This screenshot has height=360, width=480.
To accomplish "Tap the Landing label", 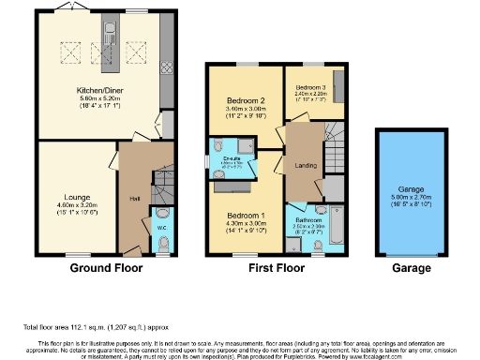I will [x=306, y=167].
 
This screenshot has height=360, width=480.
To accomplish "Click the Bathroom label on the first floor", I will [x=308, y=219].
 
